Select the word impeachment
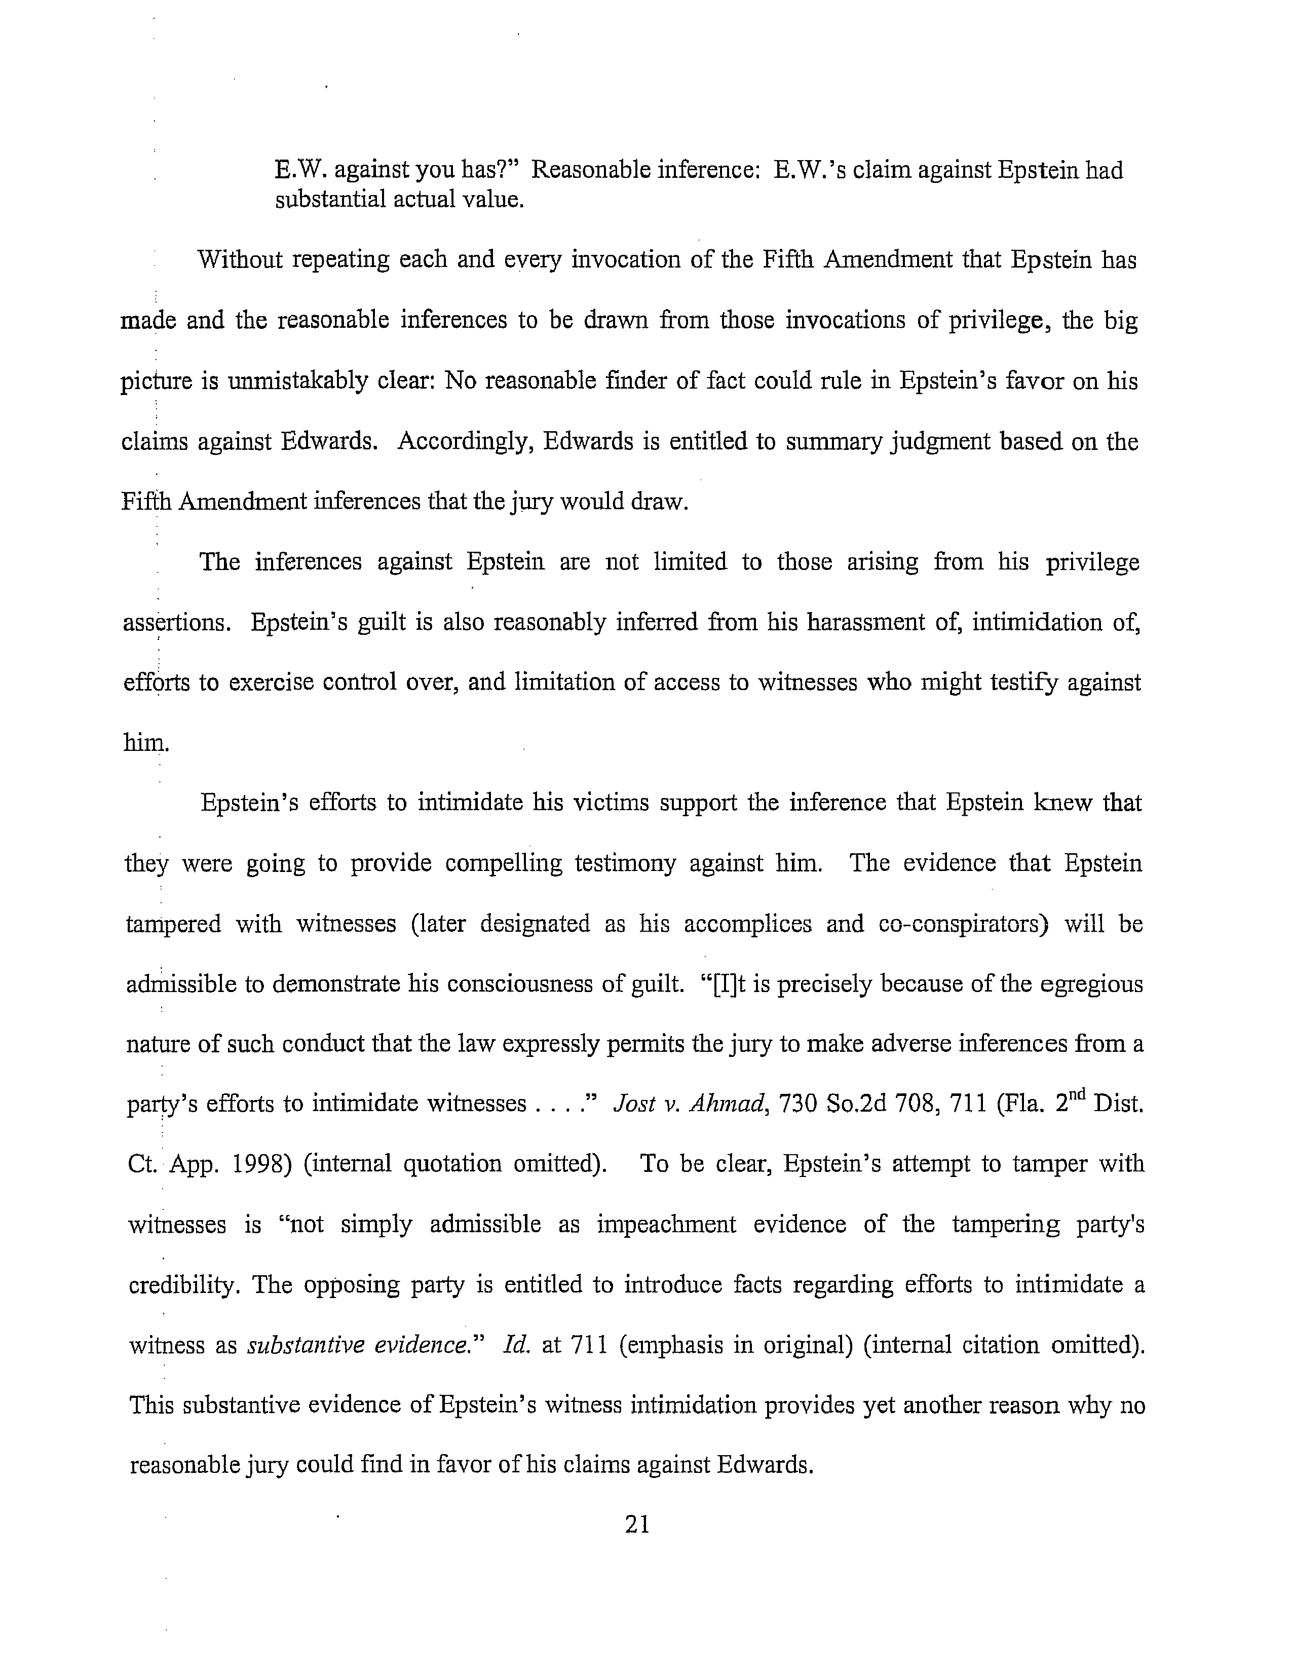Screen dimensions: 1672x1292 pos(666,1225)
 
